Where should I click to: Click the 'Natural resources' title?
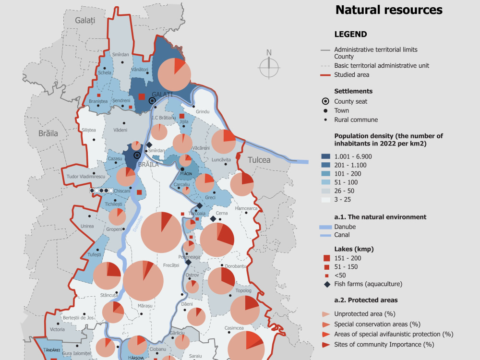[389, 10]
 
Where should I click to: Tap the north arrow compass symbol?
[269, 65]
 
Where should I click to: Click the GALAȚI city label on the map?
[162, 94]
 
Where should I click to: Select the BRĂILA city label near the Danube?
[148, 164]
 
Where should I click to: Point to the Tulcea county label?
[259, 160]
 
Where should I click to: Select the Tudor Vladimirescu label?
[86, 177]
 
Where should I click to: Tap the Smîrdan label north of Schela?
[120, 55]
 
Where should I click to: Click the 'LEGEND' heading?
[350, 35]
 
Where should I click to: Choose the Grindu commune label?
[203, 112]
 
